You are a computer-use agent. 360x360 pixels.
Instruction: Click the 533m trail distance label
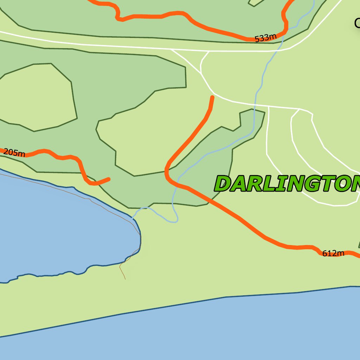point(265,38)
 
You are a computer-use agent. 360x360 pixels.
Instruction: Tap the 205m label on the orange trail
point(14,153)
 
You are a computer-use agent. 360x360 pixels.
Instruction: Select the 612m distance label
point(333,253)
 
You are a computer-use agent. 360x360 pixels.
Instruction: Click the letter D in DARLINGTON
point(225,184)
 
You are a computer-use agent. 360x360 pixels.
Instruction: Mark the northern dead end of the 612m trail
point(212,97)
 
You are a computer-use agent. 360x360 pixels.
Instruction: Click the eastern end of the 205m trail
point(109,179)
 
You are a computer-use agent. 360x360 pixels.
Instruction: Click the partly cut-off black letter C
point(357,23)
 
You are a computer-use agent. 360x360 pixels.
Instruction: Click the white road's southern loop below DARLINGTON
point(334,205)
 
